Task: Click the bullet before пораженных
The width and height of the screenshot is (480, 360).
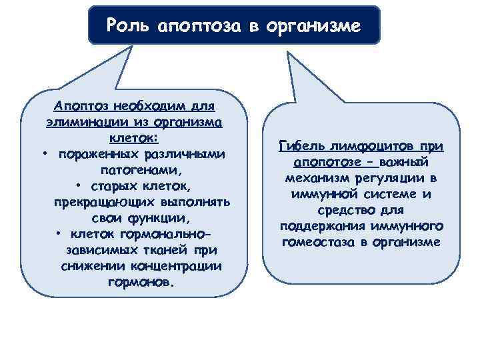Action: (x=43, y=155)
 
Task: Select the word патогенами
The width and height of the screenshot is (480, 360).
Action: (x=133, y=170)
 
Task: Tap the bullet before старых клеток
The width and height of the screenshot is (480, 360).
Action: (x=79, y=186)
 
